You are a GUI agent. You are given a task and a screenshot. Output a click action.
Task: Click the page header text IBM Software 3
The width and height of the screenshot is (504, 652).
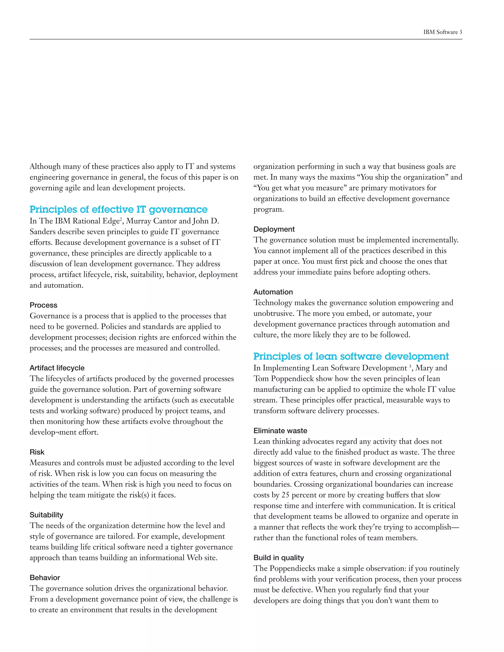point(442,32)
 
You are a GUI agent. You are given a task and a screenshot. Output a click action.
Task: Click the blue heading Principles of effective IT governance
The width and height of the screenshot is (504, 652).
point(119,210)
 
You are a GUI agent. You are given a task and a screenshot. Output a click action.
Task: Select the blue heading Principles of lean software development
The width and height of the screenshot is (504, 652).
point(351,357)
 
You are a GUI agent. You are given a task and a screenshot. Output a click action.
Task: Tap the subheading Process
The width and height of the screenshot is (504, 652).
point(43,305)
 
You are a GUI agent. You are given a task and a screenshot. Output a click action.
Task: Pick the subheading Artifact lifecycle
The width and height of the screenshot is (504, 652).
point(57,368)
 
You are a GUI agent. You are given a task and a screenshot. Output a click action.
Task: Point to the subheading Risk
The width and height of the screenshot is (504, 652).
point(37,452)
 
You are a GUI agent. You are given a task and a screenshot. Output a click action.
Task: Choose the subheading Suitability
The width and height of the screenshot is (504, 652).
point(46,515)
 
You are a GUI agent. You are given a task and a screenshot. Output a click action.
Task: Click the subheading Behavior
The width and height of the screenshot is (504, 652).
point(45,577)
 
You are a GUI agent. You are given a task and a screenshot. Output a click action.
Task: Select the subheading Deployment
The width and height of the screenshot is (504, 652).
point(274,229)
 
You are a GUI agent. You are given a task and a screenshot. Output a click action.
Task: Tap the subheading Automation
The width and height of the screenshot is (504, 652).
point(273,292)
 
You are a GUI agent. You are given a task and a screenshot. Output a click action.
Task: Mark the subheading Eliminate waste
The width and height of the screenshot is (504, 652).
point(280,431)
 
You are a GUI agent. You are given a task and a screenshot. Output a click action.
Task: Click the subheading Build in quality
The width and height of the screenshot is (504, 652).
point(279,558)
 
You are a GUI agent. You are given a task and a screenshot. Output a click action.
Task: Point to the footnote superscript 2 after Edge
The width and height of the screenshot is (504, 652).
point(121,219)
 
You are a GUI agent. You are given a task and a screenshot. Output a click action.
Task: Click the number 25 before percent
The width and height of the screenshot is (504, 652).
point(285,495)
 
